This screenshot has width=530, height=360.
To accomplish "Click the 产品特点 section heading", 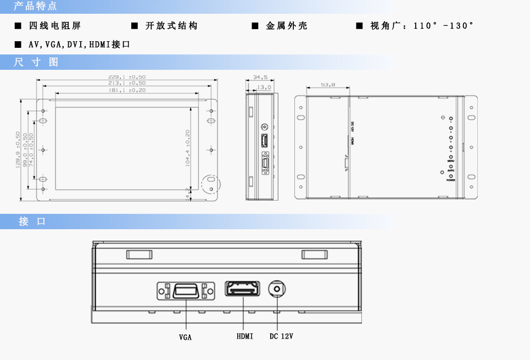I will coord(35,7).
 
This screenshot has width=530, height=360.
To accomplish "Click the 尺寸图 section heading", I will coord(36,62).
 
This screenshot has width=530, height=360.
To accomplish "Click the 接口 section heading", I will coord(32,221).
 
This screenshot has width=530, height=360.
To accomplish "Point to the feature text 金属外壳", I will coord(287,26).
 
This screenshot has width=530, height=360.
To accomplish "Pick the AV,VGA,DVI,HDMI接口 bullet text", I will coord(79,44).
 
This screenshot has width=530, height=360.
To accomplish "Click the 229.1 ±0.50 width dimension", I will coord(127,77).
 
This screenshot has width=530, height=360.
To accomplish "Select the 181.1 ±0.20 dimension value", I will coord(127,90).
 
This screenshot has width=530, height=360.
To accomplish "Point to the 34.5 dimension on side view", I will coord(260,77).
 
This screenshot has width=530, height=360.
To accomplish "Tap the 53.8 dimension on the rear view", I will coord(328,85).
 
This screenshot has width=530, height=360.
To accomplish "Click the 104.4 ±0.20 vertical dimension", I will coord(188,148).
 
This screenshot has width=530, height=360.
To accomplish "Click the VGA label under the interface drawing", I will coord(186,337).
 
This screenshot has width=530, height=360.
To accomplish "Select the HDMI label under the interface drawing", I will coord(245,336).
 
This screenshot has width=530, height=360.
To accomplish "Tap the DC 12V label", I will coord(281,336).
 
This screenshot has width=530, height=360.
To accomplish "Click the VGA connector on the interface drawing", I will coord(186,290).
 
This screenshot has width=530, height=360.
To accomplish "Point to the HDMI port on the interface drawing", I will coord(242,289).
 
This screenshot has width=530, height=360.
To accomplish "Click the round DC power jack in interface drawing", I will coord(277,289).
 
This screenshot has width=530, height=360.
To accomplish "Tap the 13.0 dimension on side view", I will coord(264,87).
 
